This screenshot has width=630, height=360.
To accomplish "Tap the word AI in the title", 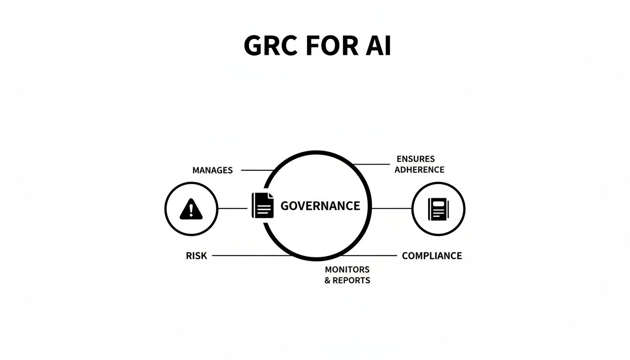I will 377,46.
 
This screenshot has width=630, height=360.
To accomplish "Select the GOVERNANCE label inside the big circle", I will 320,206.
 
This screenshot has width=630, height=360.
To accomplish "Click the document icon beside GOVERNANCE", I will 262,205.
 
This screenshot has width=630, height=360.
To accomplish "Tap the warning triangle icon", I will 191,209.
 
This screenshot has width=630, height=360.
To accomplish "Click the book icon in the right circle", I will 438,209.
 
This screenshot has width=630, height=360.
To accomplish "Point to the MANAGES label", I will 212,170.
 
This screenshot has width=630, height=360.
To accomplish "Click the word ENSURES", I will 415,159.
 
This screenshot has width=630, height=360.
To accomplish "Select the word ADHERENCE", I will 419,170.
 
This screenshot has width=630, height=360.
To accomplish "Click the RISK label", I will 196,256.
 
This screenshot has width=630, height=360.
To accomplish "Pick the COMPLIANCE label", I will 432,256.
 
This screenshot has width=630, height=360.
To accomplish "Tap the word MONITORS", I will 347,270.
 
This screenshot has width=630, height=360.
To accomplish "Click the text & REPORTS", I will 347,280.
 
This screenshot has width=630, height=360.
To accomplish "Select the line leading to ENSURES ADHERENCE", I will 373,164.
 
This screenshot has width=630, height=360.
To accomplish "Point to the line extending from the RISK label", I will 248,255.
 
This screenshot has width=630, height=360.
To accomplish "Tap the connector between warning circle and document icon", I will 233,209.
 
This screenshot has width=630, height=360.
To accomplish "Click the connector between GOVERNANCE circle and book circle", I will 391,209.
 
